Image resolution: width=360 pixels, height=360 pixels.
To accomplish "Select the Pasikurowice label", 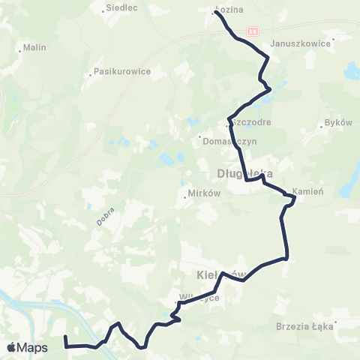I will pyautogui.click(x=124, y=72).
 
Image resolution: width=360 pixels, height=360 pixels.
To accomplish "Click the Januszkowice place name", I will pyautogui.click(x=304, y=43).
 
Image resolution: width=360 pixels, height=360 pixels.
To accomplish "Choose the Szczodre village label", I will pyautogui.click(x=252, y=121).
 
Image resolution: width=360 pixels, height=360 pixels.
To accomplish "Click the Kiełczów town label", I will pyautogui.click(x=222, y=274).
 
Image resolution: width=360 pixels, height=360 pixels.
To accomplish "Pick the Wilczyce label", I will pyautogui.click(x=199, y=298).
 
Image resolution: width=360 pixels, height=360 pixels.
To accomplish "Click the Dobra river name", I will pyautogui.click(x=103, y=216).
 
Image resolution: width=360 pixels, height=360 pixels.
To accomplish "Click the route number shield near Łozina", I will pyautogui.click(x=253, y=31).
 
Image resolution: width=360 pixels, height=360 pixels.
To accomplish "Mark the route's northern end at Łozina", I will pyautogui.click(x=216, y=13).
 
